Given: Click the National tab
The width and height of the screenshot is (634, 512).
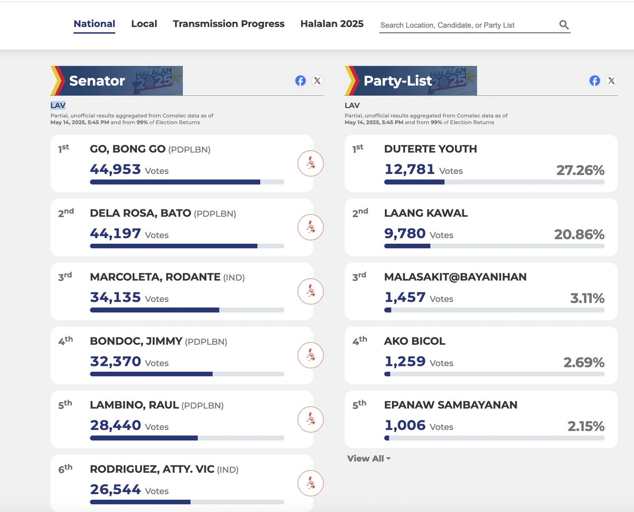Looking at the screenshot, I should click(94, 24).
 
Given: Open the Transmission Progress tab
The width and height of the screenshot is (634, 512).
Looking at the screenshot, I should click(228, 24).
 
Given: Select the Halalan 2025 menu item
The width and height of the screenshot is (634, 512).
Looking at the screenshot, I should click(332, 24).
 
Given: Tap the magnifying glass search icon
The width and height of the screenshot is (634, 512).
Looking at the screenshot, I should click(564, 25).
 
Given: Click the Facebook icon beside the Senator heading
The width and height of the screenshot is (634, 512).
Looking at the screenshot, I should click(300, 81).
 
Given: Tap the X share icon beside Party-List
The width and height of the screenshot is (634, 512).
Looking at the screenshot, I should click(611, 81).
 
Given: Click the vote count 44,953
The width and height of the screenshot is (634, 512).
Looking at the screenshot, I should click(115, 169).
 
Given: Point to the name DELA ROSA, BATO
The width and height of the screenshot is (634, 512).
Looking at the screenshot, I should click(141, 214).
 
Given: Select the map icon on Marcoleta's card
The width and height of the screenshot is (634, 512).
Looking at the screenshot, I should click(310, 291).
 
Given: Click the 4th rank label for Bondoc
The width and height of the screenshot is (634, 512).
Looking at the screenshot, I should click(66, 341).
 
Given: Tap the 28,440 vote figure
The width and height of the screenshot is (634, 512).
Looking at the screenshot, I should click(115, 425).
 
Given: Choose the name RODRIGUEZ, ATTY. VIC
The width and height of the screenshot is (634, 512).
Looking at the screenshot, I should click(152, 469).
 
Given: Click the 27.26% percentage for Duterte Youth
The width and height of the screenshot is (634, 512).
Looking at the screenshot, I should click(580, 170).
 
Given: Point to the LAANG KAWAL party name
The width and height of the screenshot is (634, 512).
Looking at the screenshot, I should click(425, 213).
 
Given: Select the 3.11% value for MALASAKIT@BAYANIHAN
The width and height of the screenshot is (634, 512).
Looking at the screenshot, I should click(587, 298).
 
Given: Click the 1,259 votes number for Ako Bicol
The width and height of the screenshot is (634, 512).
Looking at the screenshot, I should click(405, 362).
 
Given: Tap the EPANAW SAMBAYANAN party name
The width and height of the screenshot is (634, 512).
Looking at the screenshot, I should click(451, 405).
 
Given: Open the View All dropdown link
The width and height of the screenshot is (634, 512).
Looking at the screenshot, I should click(369, 459).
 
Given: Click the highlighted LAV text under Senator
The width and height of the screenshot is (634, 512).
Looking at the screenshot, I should click(58, 106).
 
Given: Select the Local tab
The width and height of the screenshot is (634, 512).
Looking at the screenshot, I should click(144, 24).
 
